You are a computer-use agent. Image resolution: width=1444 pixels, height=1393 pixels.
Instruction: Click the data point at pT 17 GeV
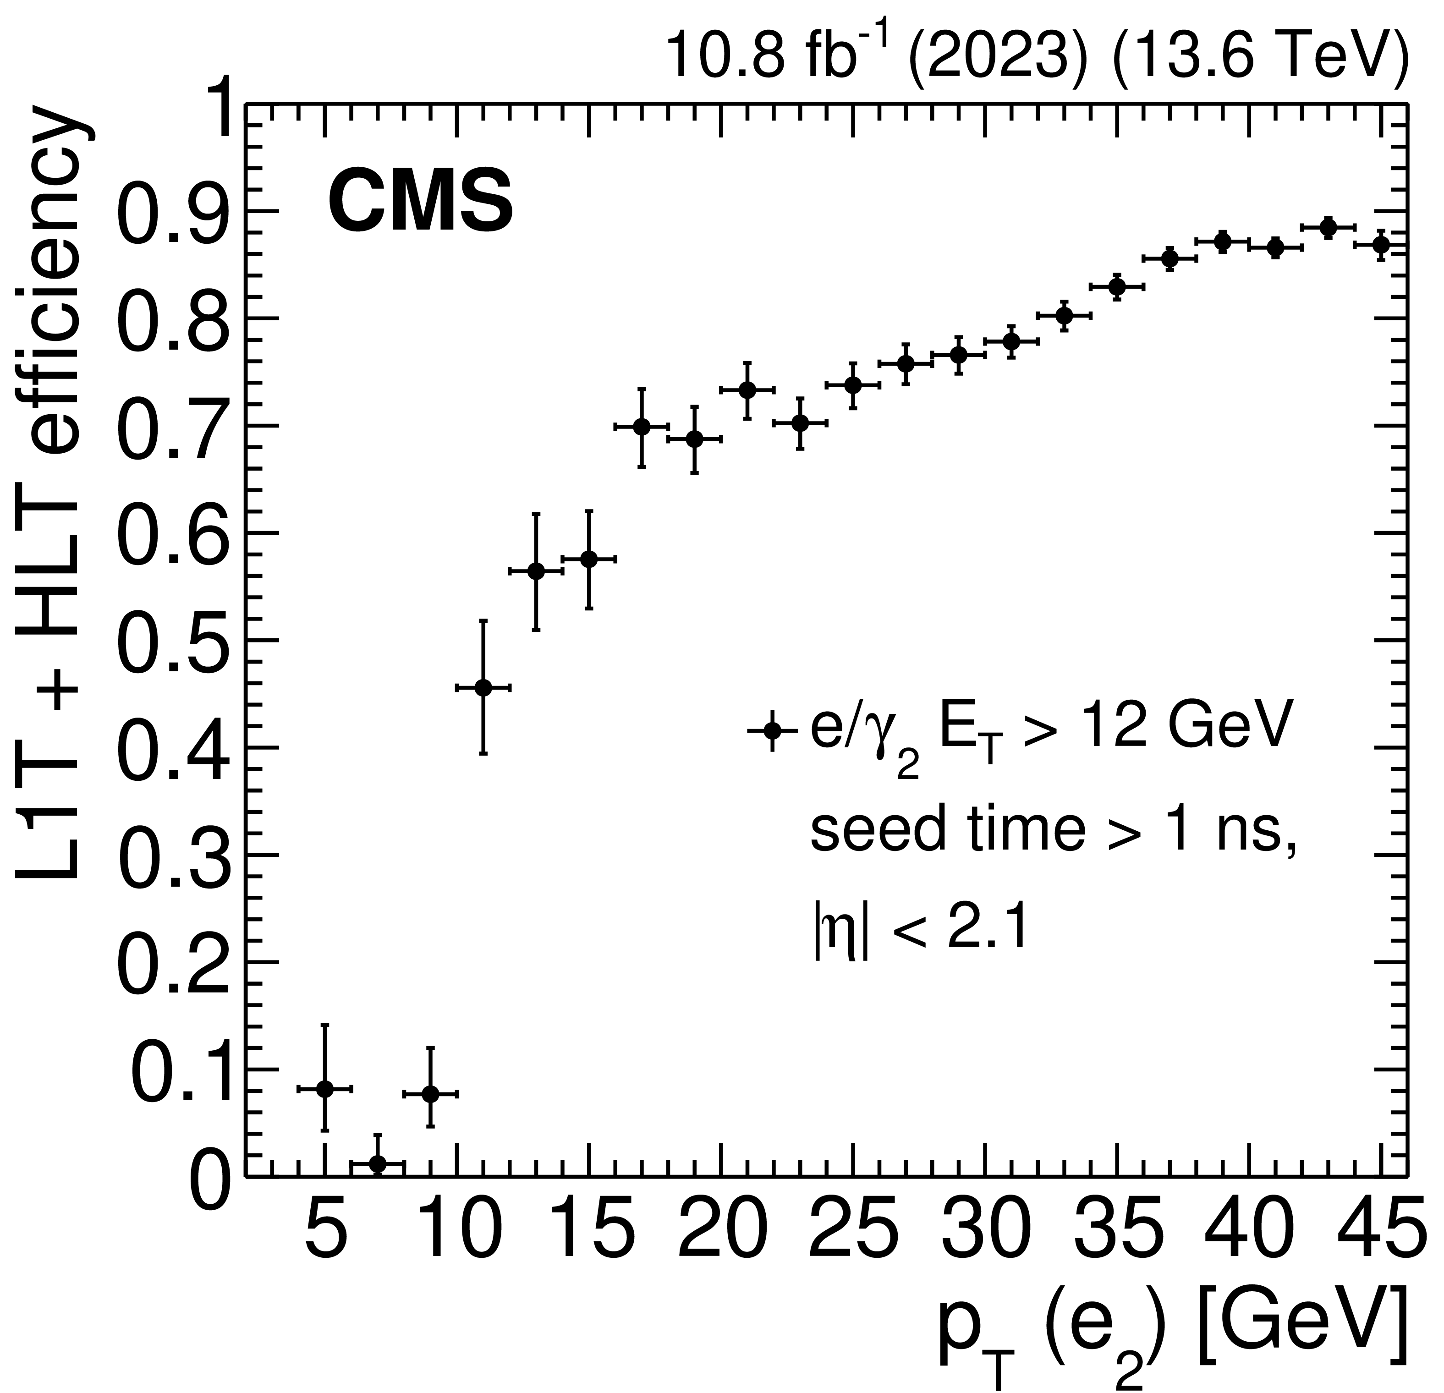click(x=642, y=427)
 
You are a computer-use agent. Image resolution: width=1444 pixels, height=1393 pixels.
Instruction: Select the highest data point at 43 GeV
click(x=1329, y=228)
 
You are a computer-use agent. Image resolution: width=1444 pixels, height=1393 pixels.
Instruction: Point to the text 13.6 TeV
click(x=1252, y=57)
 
